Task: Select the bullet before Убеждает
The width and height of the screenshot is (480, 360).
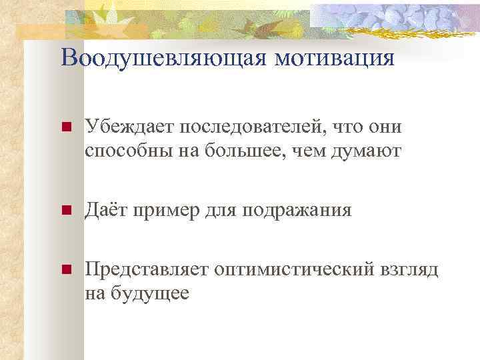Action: pos(65,127)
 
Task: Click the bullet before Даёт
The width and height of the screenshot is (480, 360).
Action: pos(65,211)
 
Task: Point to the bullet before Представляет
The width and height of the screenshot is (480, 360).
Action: pos(65,270)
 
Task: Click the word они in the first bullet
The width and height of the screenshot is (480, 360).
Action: pos(387,127)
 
